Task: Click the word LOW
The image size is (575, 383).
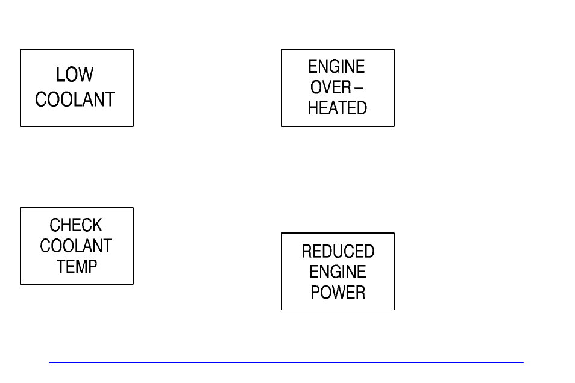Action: pos(75,75)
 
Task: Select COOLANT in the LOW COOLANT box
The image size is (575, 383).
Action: pos(75,99)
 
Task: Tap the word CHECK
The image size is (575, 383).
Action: pos(76,225)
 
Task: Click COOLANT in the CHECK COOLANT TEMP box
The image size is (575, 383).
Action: pos(76,246)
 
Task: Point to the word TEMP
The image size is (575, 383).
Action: pos(77,266)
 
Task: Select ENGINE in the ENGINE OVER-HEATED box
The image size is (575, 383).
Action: pos(336,66)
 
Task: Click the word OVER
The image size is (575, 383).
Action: pos(330,87)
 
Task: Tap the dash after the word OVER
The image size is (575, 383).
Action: pos(359,88)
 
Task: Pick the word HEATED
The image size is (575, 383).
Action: pos(337,108)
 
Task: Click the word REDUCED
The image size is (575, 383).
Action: pos(338,251)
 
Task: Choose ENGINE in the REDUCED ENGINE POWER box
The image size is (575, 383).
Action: pos(338,272)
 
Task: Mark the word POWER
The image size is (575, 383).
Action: pos(338,293)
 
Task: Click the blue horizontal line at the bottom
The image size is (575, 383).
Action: pos(286,363)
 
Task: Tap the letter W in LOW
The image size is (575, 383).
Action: pos(86,75)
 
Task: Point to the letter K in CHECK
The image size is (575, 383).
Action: pos(97,225)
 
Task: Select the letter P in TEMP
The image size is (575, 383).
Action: pos(93,266)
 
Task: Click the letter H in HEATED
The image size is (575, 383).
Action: pos(313,108)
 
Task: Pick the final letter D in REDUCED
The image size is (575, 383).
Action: pos(369,251)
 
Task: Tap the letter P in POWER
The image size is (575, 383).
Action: pos(315,293)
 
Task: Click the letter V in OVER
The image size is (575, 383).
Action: pos(328,87)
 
